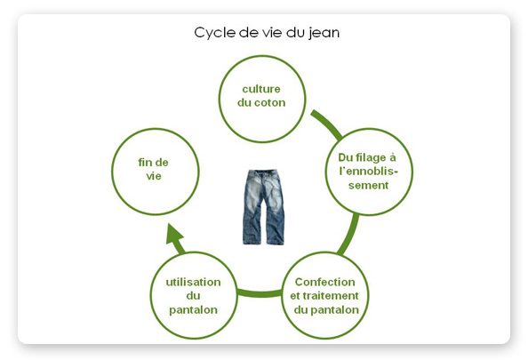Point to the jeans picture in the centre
pyautogui.click(x=263, y=207)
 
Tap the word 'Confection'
pyautogui.click(x=325, y=282)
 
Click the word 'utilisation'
pyautogui.click(x=193, y=282)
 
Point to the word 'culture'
pyautogui.click(x=261, y=89)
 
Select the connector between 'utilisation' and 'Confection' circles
pyautogui.click(x=260, y=293)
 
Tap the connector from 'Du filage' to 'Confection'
pyautogui.click(x=349, y=235)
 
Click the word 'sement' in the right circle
pyautogui.click(x=368, y=186)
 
